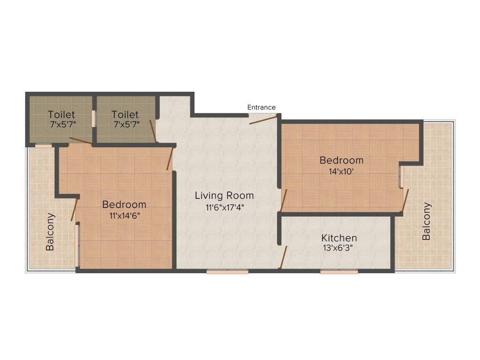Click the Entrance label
(x=262, y=107)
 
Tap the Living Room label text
(x=224, y=195)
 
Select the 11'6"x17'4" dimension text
(x=224, y=207)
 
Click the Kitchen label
(x=339, y=238)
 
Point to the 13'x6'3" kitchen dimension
(x=339, y=248)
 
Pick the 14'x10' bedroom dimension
(x=341, y=171)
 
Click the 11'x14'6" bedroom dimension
(x=124, y=216)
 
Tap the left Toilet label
(x=61, y=114)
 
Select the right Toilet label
(x=125, y=114)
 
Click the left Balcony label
(x=50, y=232)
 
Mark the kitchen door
(x=283, y=256)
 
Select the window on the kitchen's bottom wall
(x=339, y=271)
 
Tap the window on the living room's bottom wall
(x=227, y=271)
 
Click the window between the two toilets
(x=94, y=118)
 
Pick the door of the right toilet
(x=153, y=131)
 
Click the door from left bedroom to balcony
(x=74, y=210)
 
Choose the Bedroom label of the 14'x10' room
(x=341, y=160)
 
